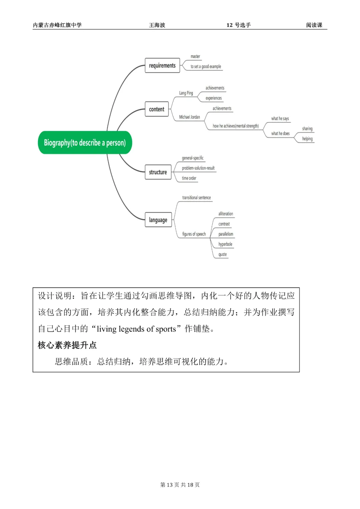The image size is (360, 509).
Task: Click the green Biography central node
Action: point(85,143)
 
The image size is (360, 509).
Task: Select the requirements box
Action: point(162,66)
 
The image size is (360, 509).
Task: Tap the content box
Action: point(157,109)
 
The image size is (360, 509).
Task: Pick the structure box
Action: point(158,172)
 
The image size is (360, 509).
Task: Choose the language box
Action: point(158,220)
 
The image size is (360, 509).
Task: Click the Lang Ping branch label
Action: point(186,93)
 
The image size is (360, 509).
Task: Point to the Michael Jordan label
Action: point(190,117)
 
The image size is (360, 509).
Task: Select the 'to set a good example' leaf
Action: point(206,67)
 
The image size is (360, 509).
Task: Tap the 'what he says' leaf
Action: point(280,119)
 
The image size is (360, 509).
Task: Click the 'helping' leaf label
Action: point(307,139)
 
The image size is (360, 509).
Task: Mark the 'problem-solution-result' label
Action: point(198,168)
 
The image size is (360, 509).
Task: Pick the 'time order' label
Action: point(189,178)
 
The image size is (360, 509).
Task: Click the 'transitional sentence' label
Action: point(196,198)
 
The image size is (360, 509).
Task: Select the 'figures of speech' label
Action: point(194,234)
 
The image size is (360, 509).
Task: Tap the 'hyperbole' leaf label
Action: point(225,244)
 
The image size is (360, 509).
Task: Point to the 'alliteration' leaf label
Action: point(226,214)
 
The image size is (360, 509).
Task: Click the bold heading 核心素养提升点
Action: point(67,345)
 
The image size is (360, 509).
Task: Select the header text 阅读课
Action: point(314,25)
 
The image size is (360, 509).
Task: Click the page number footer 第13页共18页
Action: point(180,485)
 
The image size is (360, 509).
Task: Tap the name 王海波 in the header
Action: point(157,25)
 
